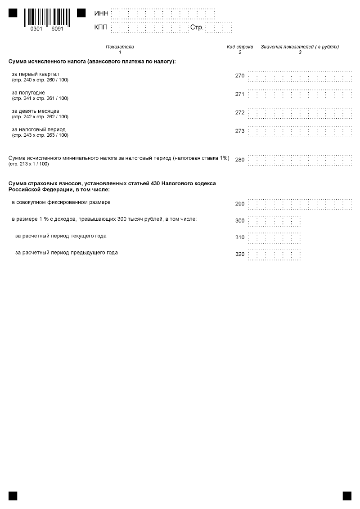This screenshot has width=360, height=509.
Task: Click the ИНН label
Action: [101, 13]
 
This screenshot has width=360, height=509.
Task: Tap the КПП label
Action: [101, 27]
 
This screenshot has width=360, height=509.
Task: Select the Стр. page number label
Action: [197, 27]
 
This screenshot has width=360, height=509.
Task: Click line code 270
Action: [240, 76]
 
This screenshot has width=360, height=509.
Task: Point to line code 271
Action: [240, 94]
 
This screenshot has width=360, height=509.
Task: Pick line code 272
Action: [240, 112]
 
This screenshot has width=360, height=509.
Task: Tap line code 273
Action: [240, 131]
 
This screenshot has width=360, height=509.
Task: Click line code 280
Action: [240, 160]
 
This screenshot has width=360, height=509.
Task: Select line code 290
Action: [240, 204]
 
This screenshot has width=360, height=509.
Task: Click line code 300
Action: [240, 221]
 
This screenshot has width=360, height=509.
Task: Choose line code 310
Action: [240, 237]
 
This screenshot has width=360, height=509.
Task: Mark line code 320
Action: [240, 254]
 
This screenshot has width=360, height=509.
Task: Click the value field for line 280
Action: [300, 160]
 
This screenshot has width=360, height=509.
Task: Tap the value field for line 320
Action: [274, 255]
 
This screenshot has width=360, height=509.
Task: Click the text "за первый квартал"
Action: [36, 74]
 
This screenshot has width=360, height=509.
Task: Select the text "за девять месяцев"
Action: [36, 111]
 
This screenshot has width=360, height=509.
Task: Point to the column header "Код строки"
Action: [240, 47]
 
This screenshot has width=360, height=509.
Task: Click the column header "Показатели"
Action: [120, 47]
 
